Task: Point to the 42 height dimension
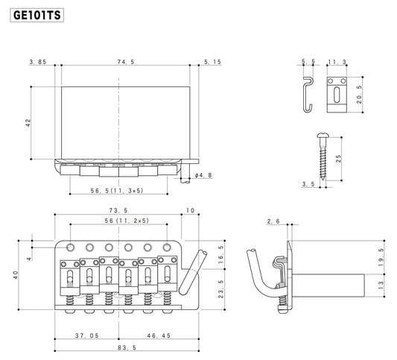(28, 122)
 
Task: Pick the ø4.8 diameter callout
(203, 176)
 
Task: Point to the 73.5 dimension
(117, 211)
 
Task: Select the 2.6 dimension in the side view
(274, 221)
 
